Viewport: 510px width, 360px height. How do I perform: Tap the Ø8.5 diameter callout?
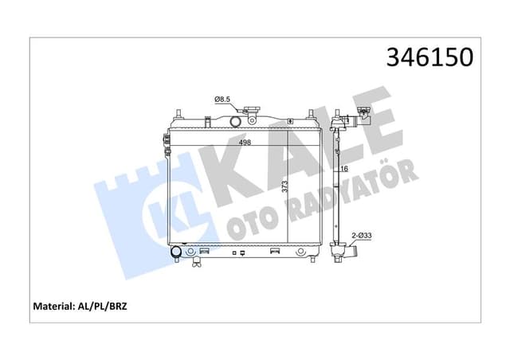coord(222,99)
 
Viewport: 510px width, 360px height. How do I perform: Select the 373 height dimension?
coord(284,189)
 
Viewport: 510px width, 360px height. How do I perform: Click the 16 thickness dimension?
coord(345,170)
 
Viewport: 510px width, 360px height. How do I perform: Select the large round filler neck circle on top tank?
coord(235,122)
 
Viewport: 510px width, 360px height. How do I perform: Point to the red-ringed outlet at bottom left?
coord(176,253)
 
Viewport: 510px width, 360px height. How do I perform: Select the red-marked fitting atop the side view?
coord(363,113)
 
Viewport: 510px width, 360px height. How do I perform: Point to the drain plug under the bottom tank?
coord(237,254)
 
